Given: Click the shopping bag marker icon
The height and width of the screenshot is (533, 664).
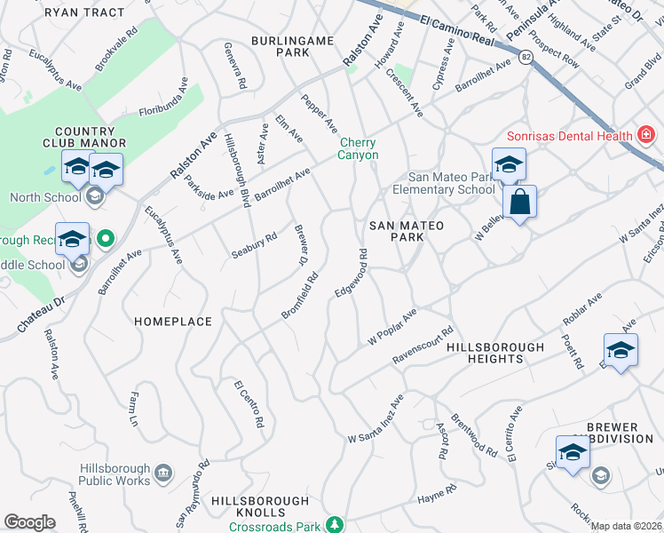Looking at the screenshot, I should [x=521, y=201].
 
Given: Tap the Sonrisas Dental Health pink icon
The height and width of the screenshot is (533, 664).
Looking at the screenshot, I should [x=646, y=135].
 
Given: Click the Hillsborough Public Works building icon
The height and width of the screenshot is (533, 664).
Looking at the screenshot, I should [x=163, y=473].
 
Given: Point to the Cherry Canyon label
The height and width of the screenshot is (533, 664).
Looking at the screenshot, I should [x=358, y=148].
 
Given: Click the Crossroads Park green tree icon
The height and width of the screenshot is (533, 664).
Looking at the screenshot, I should [x=335, y=526].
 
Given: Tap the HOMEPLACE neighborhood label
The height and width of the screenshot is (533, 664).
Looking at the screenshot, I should [x=173, y=322].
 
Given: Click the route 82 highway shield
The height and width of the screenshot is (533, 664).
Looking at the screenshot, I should [x=526, y=58].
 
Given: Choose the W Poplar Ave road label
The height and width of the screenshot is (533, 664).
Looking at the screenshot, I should [x=392, y=329].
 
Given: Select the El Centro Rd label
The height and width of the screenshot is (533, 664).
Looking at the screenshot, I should [x=249, y=405].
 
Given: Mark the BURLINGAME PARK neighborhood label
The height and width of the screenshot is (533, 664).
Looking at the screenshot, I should [x=280, y=46].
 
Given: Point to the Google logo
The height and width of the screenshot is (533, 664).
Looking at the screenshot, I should [x=29, y=522].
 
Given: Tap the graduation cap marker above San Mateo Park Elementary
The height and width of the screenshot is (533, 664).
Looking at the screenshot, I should [x=509, y=164].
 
